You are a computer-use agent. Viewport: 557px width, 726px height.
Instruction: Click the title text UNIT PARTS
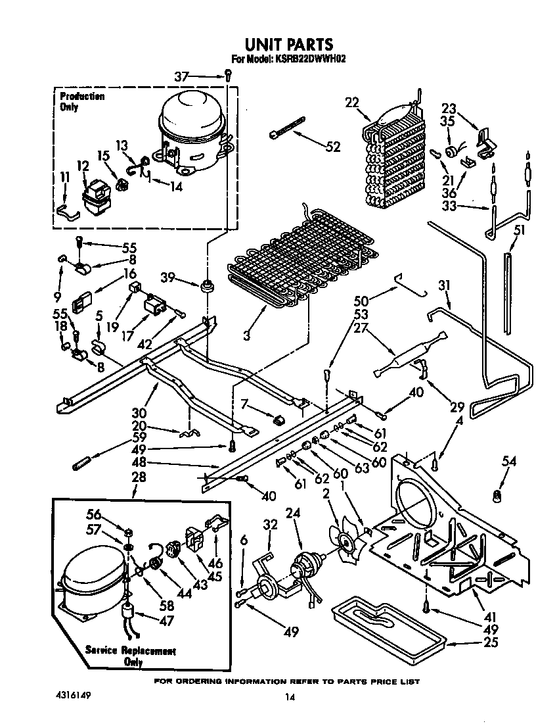(x=289, y=44)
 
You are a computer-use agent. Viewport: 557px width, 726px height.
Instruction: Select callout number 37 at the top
(x=181, y=77)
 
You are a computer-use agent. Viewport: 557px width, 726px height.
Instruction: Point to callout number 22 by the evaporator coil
(x=352, y=102)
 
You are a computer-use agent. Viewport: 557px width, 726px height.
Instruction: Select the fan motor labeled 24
(x=306, y=565)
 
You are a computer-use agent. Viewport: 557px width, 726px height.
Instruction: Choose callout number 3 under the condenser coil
(x=246, y=335)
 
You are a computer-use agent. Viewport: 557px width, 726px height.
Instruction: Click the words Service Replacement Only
(x=131, y=656)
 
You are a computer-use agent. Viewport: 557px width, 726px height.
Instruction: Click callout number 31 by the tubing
(x=445, y=285)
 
